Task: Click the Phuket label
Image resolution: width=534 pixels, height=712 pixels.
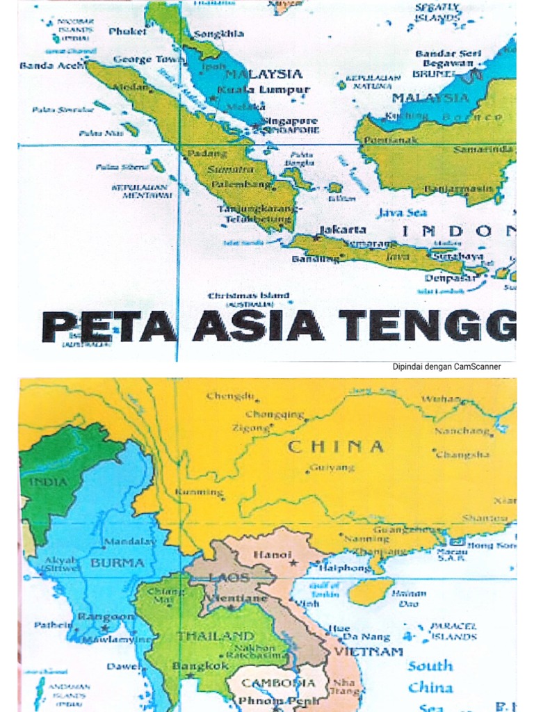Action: click(128, 31)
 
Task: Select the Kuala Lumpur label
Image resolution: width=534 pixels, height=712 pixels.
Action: click(264, 90)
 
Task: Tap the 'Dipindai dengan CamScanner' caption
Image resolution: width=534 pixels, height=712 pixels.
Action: click(446, 366)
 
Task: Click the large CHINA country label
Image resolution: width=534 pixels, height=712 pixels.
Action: click(336, 446)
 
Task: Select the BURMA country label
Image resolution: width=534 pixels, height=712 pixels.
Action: click(118, 563)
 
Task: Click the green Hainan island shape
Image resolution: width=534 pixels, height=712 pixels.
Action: click(370, 592)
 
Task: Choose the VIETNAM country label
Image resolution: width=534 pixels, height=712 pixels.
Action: click(368, 652)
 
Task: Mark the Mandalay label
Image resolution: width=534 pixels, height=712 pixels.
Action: click(130, 540)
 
